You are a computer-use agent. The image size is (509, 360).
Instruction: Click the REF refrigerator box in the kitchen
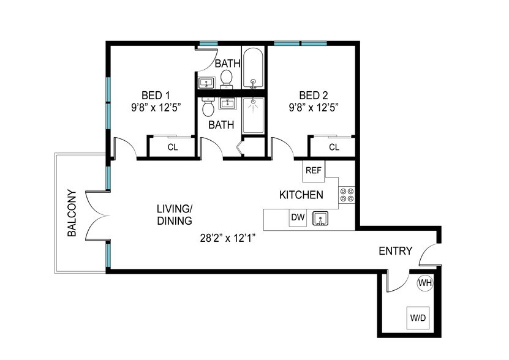coord(314,171)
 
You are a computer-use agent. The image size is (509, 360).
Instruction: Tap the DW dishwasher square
coord(298,217)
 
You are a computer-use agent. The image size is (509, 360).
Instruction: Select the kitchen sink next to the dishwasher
coord(320,218)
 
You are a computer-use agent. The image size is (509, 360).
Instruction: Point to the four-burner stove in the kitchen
coord(347,195)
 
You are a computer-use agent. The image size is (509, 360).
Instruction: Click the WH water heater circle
coord(425,283)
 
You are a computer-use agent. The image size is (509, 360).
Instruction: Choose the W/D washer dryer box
coord(418,318)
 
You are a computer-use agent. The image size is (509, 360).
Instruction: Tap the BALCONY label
coord(72,213)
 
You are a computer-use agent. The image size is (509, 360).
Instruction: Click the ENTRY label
coord(396,251)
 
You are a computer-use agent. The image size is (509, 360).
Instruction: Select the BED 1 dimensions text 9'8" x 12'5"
coord(156,107)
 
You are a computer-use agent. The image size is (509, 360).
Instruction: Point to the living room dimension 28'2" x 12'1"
coord(228,239)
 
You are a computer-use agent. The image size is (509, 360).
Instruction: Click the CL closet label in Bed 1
coord(173,148)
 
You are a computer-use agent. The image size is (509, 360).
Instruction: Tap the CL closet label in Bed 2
coord(334,148)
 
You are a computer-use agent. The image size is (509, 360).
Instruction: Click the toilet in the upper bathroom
coord(226,80)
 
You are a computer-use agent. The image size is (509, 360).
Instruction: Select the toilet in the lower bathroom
coord(208,107)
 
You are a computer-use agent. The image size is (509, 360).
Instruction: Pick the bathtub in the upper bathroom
coord(253,69)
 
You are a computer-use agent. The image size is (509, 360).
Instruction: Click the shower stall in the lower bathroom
coord(253,116)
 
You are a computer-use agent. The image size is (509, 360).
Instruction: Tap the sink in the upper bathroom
coord(206,83)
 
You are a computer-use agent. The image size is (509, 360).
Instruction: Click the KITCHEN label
coord(301,195)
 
